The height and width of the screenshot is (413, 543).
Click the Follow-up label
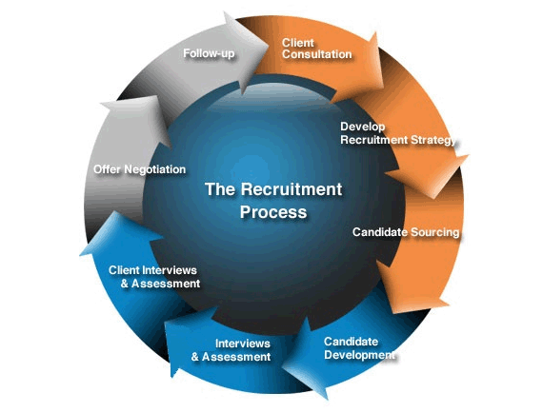(209, 53)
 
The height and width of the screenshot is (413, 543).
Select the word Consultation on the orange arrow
(317, 54)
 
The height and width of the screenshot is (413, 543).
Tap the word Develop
(363, 127)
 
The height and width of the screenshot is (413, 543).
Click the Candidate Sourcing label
(406, 232)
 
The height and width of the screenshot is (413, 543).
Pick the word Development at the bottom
(359, 355)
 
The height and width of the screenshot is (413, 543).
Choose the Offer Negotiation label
(139, 169)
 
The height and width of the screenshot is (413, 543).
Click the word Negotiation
(154, 169)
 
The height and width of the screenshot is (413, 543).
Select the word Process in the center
(273, 212)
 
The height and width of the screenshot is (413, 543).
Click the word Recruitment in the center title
(292, 189)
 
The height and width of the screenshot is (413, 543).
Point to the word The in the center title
(220, 189)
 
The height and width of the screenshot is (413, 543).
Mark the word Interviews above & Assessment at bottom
(242, 344)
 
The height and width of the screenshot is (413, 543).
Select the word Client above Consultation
(297, 43)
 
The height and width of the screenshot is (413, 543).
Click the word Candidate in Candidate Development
(351, 342)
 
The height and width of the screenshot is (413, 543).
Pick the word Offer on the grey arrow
(107, 169)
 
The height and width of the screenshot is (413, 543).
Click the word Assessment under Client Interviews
(166, 284)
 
